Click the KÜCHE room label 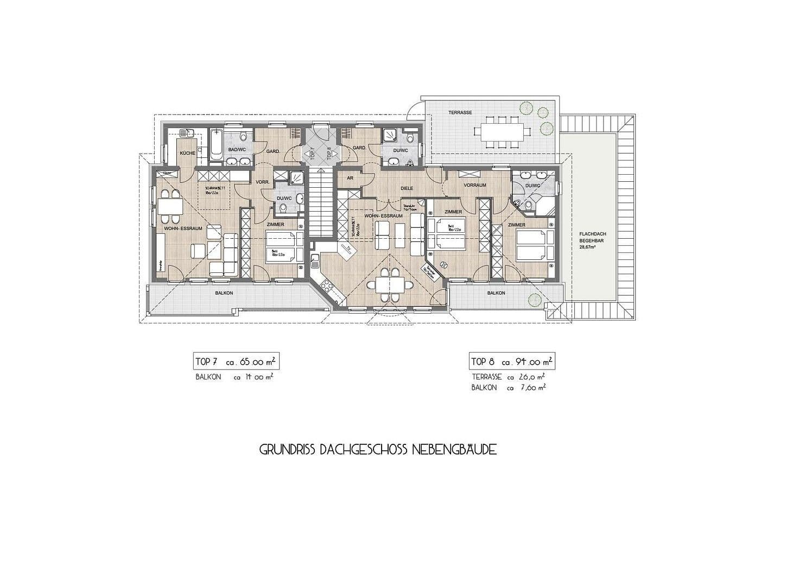(x=187, y=154)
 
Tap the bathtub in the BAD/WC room (x=215, y=145)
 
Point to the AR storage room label (x=350, y=177)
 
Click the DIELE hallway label (x=407, y=188)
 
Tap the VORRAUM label (x=475, y=185)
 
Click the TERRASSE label (x=460, y=112)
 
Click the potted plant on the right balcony (x=534, y=299)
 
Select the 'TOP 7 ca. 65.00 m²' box (x=236, y=361)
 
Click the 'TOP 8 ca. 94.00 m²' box (x=512, y=361)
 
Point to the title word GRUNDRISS (x=288, y=450)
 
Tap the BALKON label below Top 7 (x=224, y=293)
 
